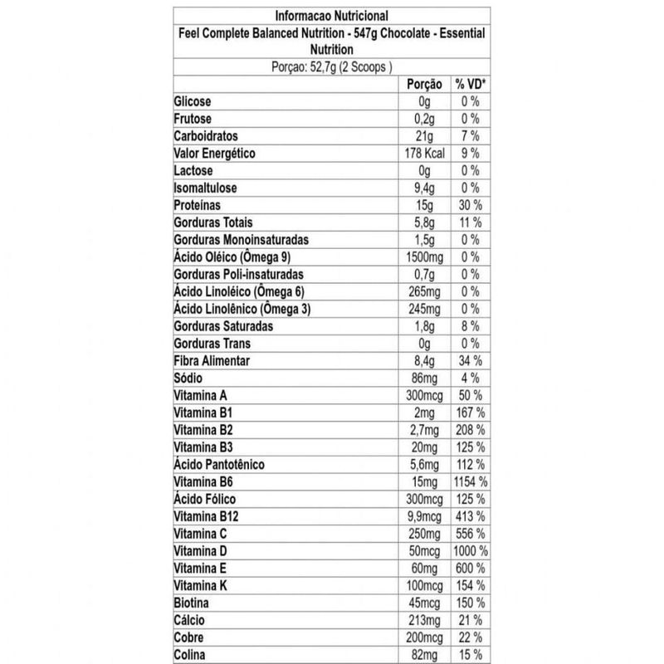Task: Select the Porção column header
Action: [x=422, y=84]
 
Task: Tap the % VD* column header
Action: [x=470, y=84]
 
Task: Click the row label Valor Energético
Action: [x=213, y=154]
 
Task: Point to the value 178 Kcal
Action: [x=422, y=154]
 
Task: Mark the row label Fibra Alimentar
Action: [x=212, y=361]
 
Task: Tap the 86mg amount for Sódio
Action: [x=422, y=378]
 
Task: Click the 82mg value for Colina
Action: [x=422, y=655]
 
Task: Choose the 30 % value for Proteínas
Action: [x=471, y=205]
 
